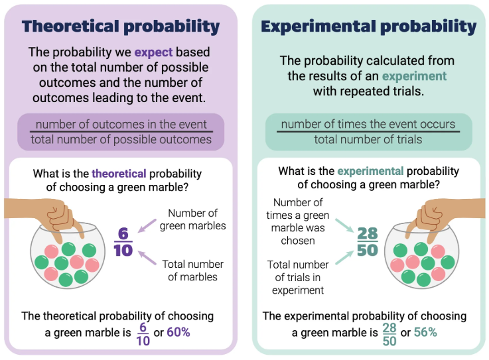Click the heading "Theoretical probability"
[121, 27]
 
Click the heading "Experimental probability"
[369, 27]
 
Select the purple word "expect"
[153, 52]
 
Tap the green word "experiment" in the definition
[414, 76]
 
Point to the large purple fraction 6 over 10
[123, 242]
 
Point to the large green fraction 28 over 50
[368, 242]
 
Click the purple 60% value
[178, 332]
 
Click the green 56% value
[425, 332]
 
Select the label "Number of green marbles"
[192, 219]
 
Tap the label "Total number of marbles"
[192, 270]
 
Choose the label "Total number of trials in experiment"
[298, 277]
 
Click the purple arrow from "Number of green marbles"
[147, 225]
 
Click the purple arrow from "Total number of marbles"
[147, 258]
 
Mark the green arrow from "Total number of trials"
[344, 257]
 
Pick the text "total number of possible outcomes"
[121, 140]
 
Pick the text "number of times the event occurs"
[368, 125]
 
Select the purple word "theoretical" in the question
[119, 174]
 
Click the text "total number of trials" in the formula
[368, 140]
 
